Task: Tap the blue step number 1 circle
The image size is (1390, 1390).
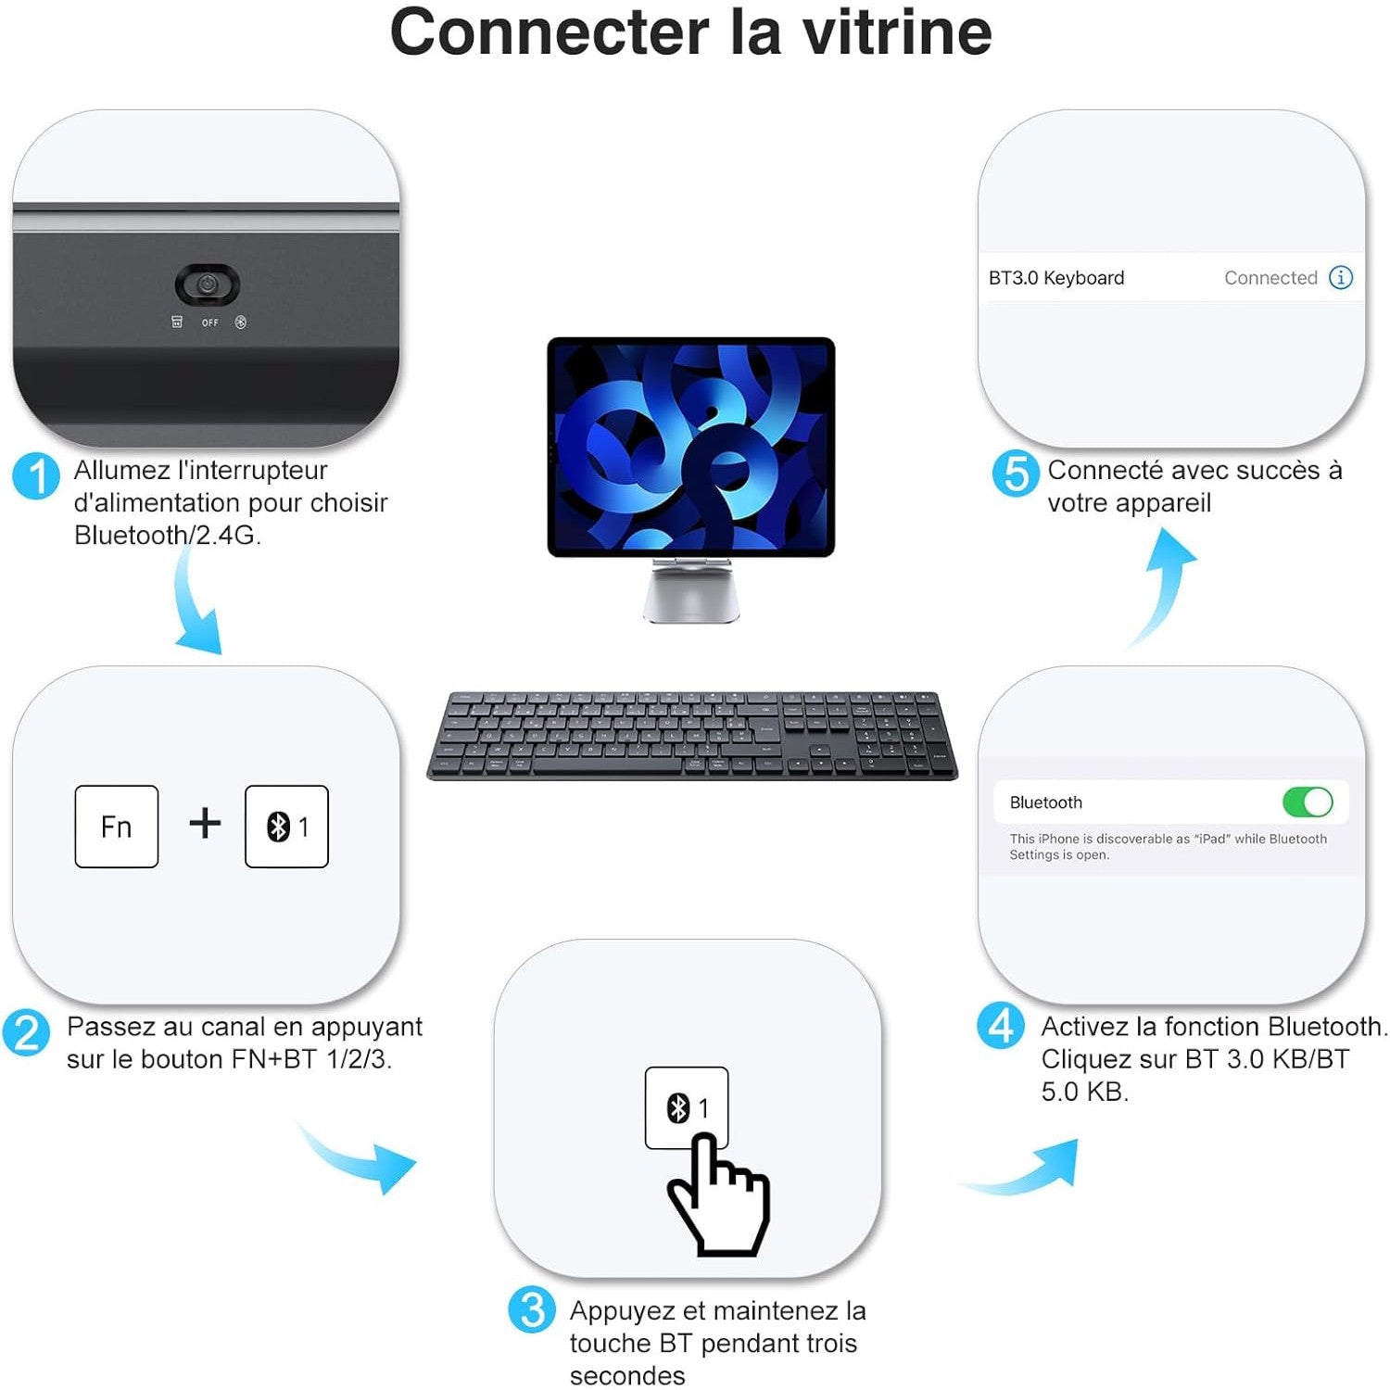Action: click(x=36, y=476)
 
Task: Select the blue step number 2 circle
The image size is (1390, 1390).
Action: click(x=26, y=1033)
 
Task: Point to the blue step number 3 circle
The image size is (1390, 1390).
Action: click(x=532, y=1309)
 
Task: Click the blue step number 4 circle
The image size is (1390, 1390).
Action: click(x=1001, y=1026)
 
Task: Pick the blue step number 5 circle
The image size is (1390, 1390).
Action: click(x=1016, y=474)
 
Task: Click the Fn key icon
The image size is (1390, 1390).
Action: click(x=117, y=827)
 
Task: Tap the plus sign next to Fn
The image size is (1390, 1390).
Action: click(x=205, y=823)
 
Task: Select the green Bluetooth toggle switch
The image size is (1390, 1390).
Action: click(x=1308, y=802)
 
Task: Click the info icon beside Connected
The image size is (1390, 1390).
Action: click(x=1341, y=277)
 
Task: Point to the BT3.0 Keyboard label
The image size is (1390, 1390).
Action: click(x=1056, y=278)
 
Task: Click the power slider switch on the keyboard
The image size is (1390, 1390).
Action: click(x=208, y=285)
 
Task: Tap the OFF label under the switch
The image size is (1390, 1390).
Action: click(x=210, y=322)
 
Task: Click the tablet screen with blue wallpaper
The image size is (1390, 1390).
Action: click(x=691, y=448)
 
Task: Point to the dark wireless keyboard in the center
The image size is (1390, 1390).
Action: click(x=692, y=735)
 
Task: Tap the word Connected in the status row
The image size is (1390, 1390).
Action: click(x=1270, y=278)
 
